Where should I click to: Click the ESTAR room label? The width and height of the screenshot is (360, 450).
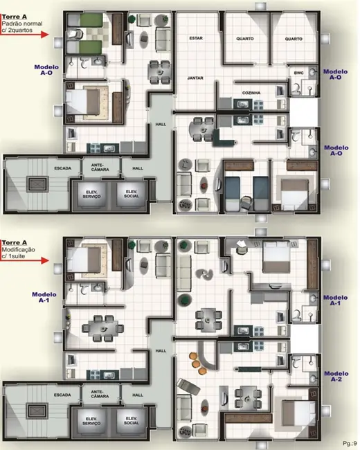(195, 39)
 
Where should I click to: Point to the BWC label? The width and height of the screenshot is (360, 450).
(299, 73)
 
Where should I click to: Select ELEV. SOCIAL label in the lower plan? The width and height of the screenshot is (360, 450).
(131, 420)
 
